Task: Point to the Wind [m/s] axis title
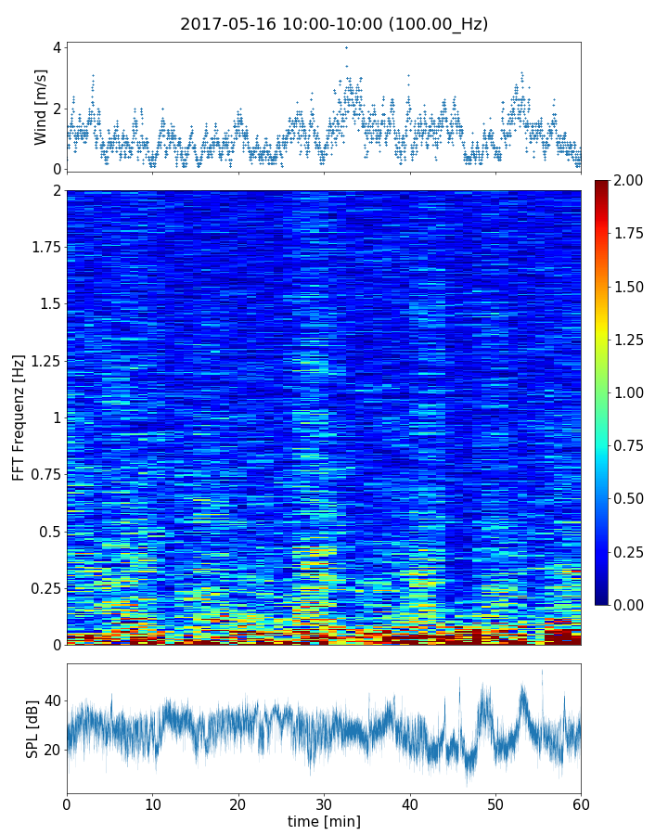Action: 40,107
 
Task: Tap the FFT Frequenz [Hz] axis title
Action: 19,417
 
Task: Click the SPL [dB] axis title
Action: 33,728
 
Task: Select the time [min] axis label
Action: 324,821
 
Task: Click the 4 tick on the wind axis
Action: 57,47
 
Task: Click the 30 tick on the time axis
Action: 324,803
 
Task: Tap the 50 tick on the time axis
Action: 495,803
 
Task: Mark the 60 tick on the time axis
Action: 581,803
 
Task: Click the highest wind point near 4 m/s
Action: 346,47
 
